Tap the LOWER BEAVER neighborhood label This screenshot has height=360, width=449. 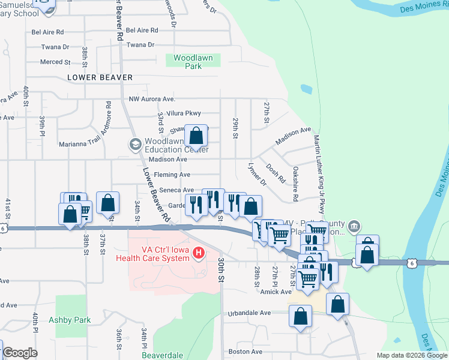click(x=100, y=77)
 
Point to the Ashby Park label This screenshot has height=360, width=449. click(x=70, y=320)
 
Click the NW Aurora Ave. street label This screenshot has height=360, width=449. click(x=151, y=99)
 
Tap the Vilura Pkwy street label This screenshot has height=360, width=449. click(x=184, y=113)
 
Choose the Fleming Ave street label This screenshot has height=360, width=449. click(x=172, y=175)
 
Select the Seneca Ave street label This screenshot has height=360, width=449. click(x=175, y=190)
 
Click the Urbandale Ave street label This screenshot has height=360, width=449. click(x=249, y=313)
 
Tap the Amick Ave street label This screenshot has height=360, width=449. click(x=276, y=292)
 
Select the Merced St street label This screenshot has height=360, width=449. click(x=55, y=62)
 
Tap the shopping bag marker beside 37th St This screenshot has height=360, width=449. click(x=107, y=203)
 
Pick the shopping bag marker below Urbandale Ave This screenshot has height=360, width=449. click(x=300, y=316)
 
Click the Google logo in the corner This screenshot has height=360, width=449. click(x=20, y=353)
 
